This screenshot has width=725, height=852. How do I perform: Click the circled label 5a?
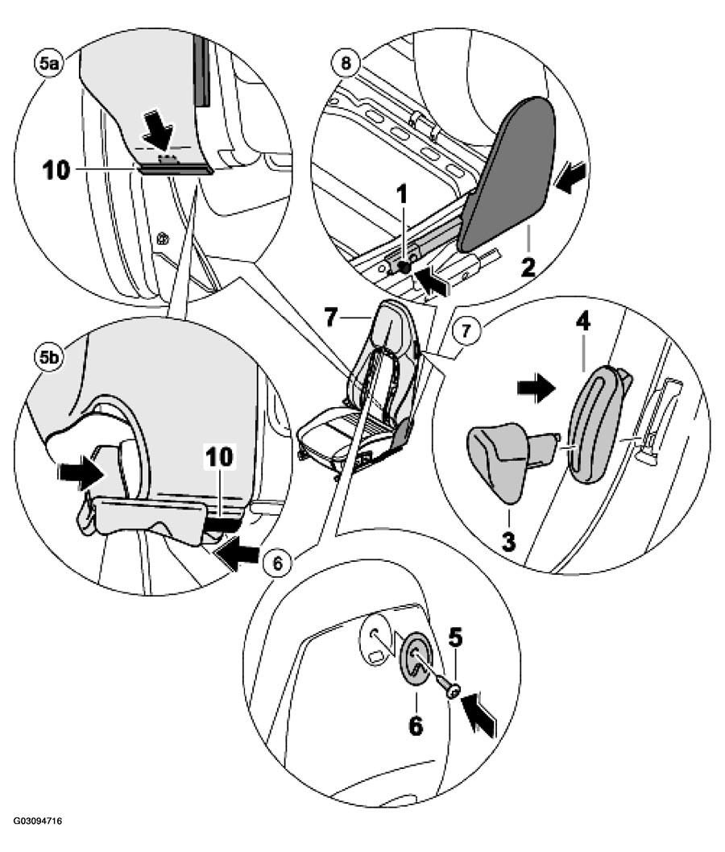(48, 64)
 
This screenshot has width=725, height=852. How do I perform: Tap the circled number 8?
(346, 63)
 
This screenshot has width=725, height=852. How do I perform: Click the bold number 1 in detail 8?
(402, 196)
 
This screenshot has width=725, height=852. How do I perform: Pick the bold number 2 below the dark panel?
(528, 267)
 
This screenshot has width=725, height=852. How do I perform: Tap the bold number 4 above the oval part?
(582, 322)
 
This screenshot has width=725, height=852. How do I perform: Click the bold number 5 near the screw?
(455, 638)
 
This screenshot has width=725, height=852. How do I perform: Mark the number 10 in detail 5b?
(219, 457)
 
